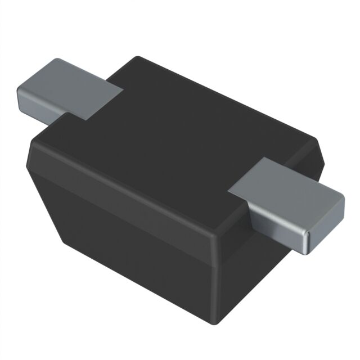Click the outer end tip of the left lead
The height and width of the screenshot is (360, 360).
pyautogui.click(x=22, y=96)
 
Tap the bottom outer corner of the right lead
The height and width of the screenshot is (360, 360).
pyautogui.click(x=307, y=251)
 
